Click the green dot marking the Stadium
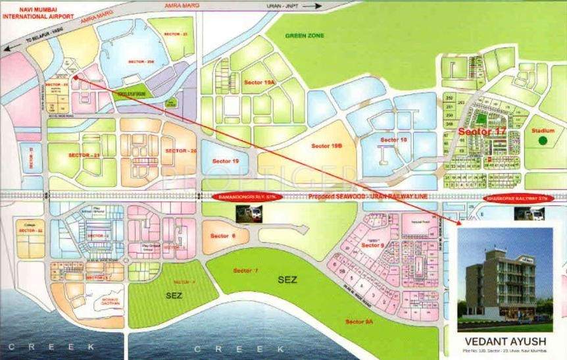(543, 140)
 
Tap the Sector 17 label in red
(482, 132)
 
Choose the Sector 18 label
(393, 140)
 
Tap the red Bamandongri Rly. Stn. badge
(246, 197)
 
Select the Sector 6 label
(222, 236)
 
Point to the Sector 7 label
(245, 271)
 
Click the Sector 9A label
(359, 321)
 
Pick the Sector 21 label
(83, 155)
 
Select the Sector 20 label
(181, 151)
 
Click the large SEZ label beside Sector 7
(287, 280)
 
